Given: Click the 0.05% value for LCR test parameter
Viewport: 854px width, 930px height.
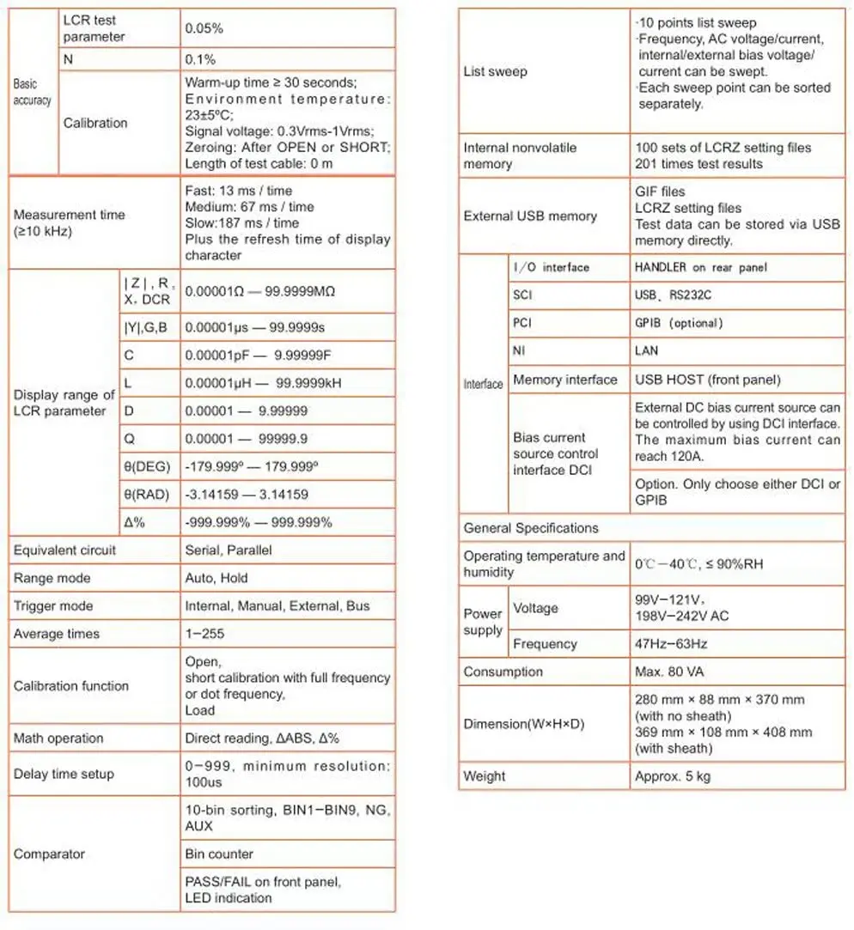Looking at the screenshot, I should click(204, 28).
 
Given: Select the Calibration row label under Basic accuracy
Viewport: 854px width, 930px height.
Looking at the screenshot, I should click(95, 123).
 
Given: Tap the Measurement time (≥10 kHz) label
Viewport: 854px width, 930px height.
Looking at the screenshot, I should click(70, 222).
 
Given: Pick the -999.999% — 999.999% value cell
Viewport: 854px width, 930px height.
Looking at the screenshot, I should click(259, 522).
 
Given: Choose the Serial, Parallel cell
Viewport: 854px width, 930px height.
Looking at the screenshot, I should click(229, 550).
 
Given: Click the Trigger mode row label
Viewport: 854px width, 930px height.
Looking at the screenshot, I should click(52, 605).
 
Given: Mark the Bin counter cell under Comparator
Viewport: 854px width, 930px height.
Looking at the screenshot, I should click(219, 854).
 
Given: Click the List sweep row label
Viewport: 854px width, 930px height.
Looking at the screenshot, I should click(496, 71).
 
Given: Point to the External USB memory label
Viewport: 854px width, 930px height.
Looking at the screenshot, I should click(530, 216).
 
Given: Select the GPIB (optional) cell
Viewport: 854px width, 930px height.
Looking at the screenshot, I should click(679, 323).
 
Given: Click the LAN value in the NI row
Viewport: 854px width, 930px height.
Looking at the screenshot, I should click(647, 350).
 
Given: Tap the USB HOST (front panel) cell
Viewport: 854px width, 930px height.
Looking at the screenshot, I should click(708, 380).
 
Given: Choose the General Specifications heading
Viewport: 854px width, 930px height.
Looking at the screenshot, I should click(531, 528).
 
